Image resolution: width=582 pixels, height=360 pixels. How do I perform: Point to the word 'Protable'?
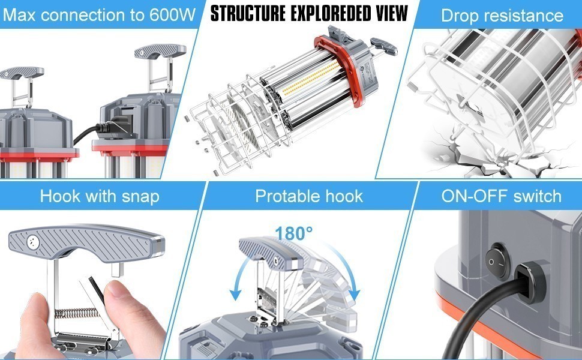pos(285,196)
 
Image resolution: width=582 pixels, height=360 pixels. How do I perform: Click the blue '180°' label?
pos(294,233)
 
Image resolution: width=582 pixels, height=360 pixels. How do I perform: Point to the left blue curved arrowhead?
pos(236,294)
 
